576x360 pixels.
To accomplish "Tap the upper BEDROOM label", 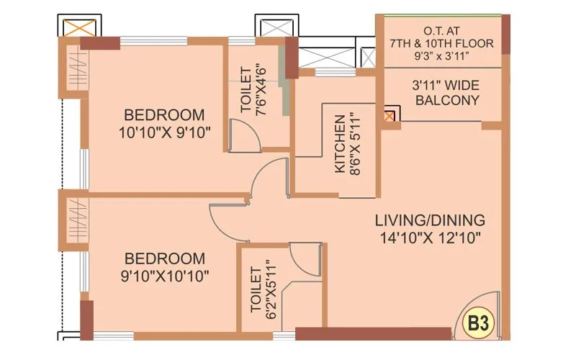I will tap(164, 115).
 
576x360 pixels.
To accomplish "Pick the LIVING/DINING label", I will tap(431, 220).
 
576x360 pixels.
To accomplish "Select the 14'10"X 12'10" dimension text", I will tap(431, 237).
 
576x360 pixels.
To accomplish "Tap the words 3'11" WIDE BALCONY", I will tap(447, 93).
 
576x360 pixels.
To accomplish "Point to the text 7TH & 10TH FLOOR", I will tap(441, 43).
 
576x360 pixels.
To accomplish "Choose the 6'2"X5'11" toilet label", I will tap(261, 289).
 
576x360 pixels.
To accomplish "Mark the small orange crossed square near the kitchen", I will tap(390, 116).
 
